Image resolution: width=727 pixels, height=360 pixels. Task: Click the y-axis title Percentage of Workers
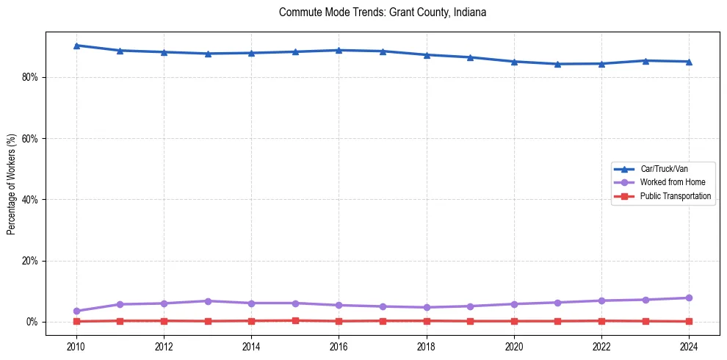click(x=11, y=184)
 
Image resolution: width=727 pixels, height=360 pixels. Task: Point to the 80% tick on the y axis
click(x=30, y=77)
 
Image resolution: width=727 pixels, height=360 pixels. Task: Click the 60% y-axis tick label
click(x=30, y=138)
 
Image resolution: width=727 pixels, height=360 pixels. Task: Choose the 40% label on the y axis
click(x=30, y=200)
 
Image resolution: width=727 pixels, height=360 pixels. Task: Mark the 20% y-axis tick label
click(x=30, y=261)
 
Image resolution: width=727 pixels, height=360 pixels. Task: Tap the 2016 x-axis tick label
click(x=339, y=345)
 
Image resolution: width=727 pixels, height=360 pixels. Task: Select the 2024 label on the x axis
click(x=689, y=345)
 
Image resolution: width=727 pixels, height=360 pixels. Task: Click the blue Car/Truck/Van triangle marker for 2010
click(x=76, y=46)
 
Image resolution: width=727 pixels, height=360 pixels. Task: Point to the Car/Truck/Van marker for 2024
click(x=689, y=62)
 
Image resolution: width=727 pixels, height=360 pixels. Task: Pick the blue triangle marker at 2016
click(x=339, y=50)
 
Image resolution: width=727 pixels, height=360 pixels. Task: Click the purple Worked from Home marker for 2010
click(x=76, y=311)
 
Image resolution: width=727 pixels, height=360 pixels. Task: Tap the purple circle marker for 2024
click(x=689, y=298)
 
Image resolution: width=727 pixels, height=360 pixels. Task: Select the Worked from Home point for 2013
click(x=208, y=301)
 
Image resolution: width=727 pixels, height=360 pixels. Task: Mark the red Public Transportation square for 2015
click(x=295, y=320)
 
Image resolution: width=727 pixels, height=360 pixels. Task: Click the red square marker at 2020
click(x=514, y=321)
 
